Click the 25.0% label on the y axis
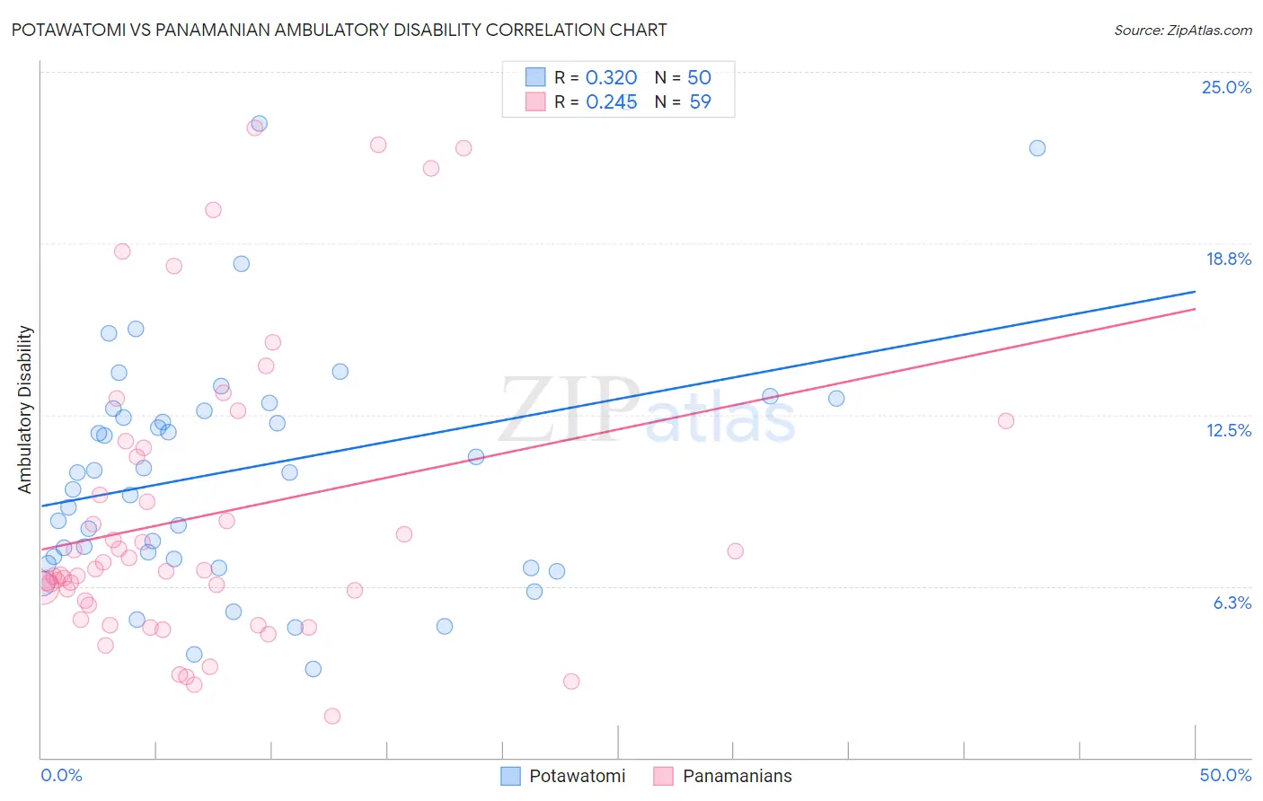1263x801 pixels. pos(1226,87)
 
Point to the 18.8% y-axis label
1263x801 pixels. pos(1228,259)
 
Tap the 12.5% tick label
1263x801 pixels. pos(1228,430)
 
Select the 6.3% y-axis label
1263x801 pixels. pos(1232,603)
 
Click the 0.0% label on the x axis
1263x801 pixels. pos(61,775)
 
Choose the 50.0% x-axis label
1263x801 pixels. pos(1225,775)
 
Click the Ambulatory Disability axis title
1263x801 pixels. pos(25,409)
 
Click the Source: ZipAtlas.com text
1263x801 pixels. pos(1182,30)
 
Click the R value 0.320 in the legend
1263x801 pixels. pos(611,78)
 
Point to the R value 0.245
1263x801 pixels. pos(611,102)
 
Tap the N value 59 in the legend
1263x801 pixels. pos(700,102)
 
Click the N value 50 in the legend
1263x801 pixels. pos(699,78)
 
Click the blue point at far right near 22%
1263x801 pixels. pos(1037,148)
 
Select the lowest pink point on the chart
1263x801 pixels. pos(332,716)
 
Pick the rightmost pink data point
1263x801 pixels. pos(1006,421)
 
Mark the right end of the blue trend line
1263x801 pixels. pos(1195,292)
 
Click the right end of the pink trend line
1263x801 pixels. pos(1195,309)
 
